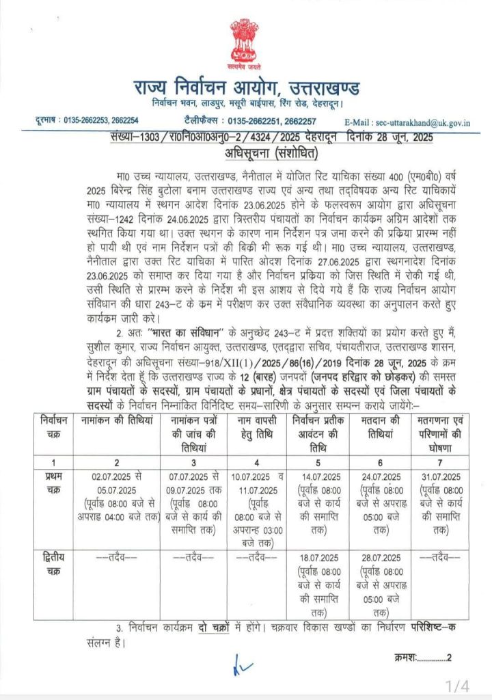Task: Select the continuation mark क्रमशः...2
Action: click(x=424, y=658)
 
